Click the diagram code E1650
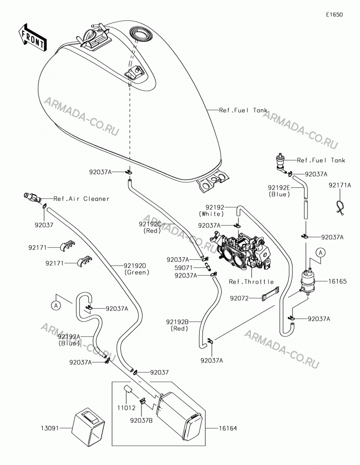click(x=334, y=14)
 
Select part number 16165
click(x=337, y=281)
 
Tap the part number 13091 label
click(x=50, y=428)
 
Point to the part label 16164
click(x=228, y=428)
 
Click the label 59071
click(x=183, y=267)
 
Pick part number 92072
click(x=239, y=298)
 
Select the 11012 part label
click(x=126, y=408)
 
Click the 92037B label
click(x=141, y=420)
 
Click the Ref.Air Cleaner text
click(x=81, y=199)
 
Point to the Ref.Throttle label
click(x=251, y=281)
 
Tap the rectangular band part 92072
click(x=270, y=293)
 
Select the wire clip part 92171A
click(x=339, y=207)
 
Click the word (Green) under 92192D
click(x=137, y=272)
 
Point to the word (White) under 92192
click(x=211, y=214)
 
